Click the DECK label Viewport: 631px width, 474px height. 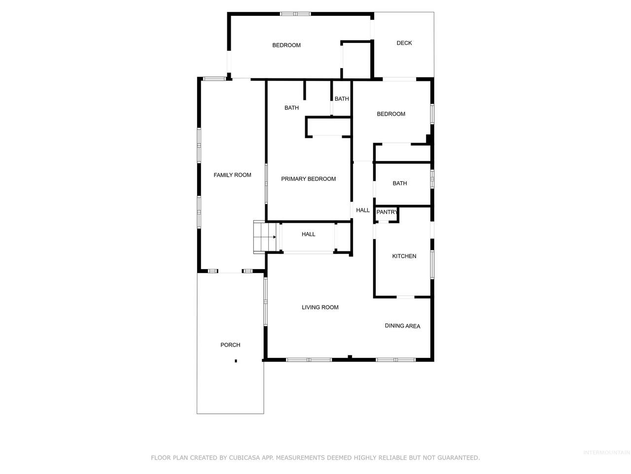tap(404, 43)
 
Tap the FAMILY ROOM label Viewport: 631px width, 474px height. tap(232, 175)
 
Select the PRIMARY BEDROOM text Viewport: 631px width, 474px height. tap(309, 179)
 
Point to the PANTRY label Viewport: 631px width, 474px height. tap(386, 212)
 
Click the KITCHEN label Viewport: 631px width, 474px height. tap(404, 256)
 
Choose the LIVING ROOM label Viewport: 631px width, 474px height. tap(320, 308)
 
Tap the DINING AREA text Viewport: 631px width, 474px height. tap(402, 326)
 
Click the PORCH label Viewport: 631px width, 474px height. tap(230, 345)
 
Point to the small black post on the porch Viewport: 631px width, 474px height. tap(236, 361)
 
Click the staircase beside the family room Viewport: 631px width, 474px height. tap(264, 237)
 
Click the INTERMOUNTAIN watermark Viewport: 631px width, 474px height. tap(606, 453)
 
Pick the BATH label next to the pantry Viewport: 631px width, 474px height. tap(400, 183)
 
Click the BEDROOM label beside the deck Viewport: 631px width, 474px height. tap(286, 45)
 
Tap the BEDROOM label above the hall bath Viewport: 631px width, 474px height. tap(391, 114)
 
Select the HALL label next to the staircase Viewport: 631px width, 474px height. tap(309, 234)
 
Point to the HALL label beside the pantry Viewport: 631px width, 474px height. tap(363, 210)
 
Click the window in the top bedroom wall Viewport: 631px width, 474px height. tap(295, 14)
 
